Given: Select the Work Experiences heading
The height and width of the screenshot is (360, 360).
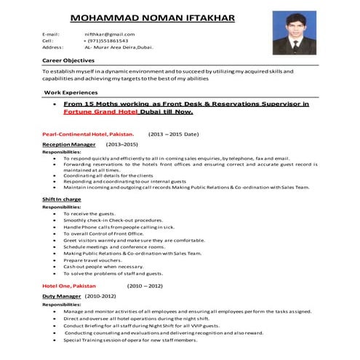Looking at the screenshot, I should click(71, 94).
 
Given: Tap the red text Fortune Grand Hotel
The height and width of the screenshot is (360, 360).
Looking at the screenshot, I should click(98, 113).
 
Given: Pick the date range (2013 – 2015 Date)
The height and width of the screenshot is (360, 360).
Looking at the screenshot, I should click(174, 135).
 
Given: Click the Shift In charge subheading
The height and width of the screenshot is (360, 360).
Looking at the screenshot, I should click(62, 199).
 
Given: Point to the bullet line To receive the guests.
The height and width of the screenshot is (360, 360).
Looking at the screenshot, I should click(89, 214).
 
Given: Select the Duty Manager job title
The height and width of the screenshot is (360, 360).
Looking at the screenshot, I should click(60, 297).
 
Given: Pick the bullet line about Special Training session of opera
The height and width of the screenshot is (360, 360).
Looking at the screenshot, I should click(130, 340).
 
